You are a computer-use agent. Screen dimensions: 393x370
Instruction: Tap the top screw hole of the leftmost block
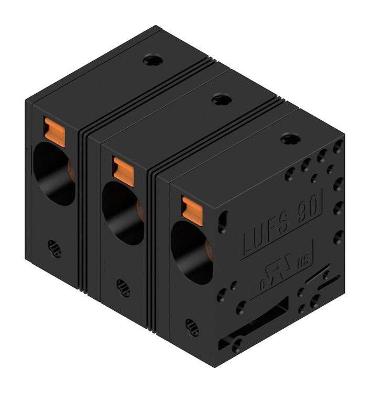[153, 61]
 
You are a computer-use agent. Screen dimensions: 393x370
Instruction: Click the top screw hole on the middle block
[221, 99]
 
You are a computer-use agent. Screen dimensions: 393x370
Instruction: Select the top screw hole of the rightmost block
[288, 139]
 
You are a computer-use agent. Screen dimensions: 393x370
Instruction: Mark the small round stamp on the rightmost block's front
[192, 327]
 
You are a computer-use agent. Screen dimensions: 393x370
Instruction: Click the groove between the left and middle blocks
[84, 209]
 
